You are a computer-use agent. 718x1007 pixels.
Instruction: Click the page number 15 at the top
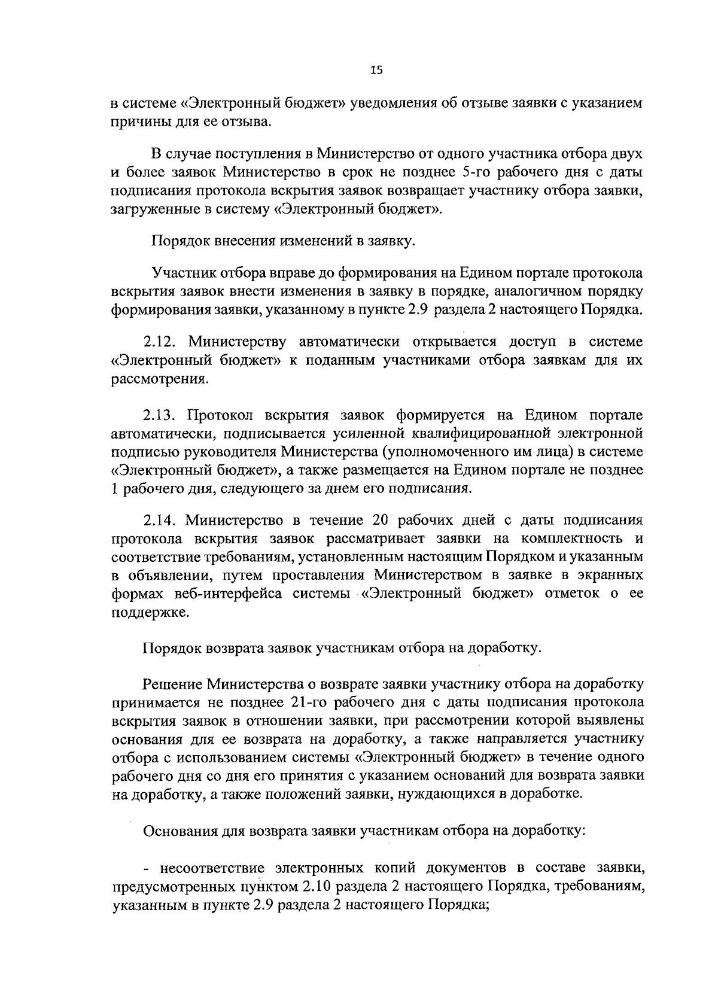pos(376,71)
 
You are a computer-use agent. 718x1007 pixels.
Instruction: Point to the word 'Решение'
pos(172,683)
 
